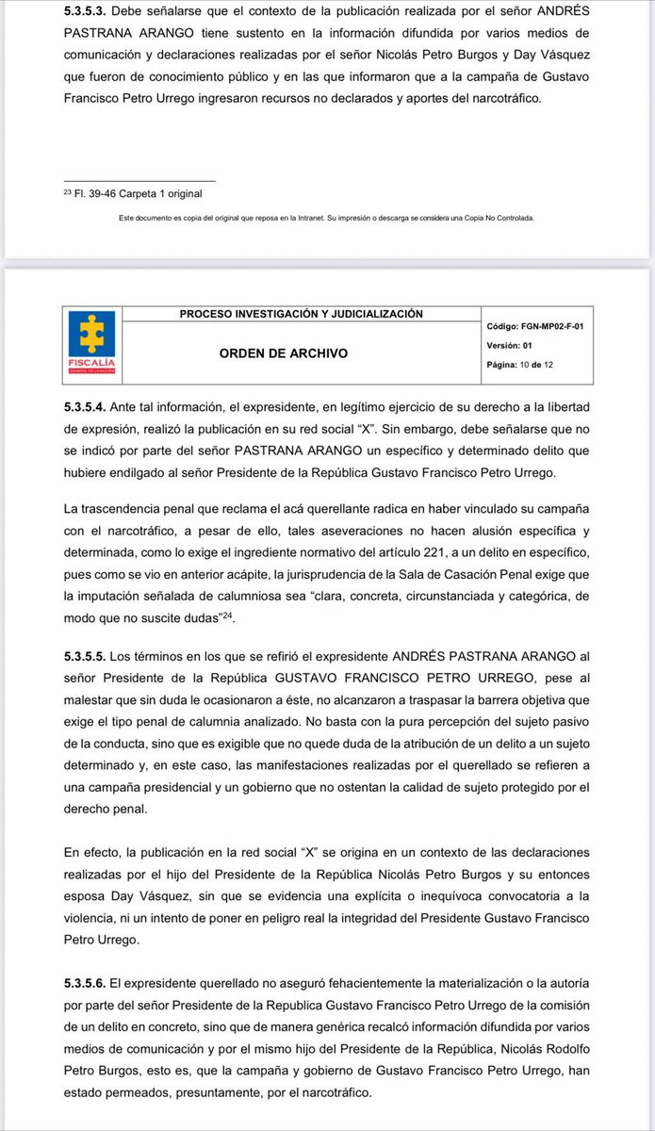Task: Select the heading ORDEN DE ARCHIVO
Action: click(284, 353)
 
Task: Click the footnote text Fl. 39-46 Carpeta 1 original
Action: click(131, 194)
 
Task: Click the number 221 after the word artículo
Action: click(430, 551)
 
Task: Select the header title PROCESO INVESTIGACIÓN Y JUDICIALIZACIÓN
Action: click(302, 314)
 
